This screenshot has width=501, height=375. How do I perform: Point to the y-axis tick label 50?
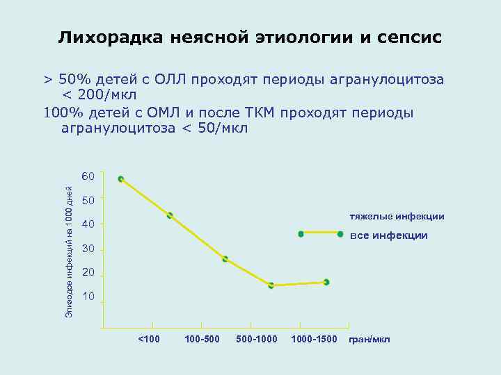(x=88, y=201)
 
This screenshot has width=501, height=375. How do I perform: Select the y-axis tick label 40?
(x=88, y=224)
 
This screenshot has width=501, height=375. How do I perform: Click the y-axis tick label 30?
(x=88, y=249)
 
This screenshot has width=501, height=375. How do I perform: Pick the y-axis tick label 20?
(x=88, y=274)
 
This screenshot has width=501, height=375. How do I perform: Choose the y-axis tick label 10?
(x=88, y=297)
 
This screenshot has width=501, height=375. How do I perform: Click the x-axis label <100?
(x=149, y=339)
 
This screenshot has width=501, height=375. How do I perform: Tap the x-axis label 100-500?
(x=202, y=339)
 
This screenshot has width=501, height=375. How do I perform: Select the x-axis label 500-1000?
(x=257, y=339)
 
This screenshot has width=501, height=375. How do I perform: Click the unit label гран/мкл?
(x=369, y=339)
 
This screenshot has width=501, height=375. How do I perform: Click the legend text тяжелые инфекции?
(x=392, y=217)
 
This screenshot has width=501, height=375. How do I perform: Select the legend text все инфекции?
(x=389, y=236)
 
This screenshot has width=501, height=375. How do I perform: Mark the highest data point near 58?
(x=121, y=179)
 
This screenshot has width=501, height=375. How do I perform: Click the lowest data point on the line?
(x=271, y=285)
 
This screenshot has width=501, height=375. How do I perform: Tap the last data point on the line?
(x=326, y=282)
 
